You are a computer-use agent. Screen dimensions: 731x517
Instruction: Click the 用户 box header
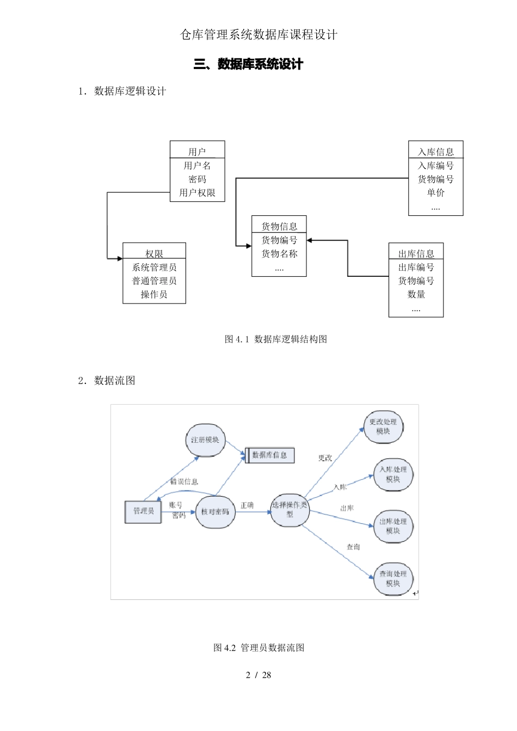197,151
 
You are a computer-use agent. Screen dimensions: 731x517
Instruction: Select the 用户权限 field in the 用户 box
197,193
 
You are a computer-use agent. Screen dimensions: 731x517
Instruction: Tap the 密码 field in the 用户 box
197,179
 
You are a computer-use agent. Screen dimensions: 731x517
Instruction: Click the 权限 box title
154,253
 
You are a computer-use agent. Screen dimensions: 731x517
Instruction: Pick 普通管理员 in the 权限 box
154,281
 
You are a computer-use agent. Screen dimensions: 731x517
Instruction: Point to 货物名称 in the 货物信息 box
279,253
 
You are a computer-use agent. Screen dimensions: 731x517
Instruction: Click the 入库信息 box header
435,151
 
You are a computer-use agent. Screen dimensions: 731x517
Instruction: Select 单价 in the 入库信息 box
435,193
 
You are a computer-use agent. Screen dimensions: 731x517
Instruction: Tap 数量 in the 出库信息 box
416,294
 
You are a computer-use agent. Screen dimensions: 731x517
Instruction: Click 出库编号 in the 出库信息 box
416,267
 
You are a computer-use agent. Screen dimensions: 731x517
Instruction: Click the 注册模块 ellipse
205,439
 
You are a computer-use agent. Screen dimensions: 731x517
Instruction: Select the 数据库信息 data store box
270,455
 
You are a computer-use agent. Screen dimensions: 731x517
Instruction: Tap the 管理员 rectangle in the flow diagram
143,511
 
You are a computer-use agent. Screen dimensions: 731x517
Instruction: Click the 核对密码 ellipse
215,512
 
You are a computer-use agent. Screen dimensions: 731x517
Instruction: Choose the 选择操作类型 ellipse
290,510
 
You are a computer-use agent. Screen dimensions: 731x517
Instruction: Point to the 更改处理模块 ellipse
383,426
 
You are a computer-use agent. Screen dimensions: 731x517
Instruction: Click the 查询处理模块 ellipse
393,579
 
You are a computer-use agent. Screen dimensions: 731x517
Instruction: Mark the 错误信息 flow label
184,481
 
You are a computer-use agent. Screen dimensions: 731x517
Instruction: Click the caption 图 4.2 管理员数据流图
258,647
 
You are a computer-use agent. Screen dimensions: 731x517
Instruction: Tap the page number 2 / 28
258,675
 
